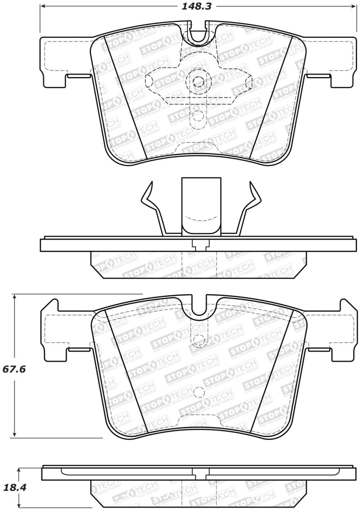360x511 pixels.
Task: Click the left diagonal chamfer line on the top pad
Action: [x=124, y=96]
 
